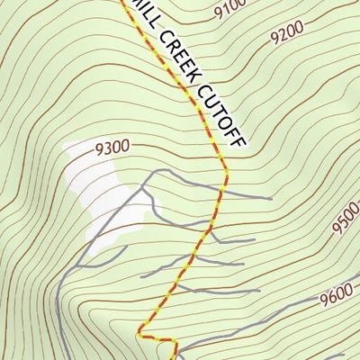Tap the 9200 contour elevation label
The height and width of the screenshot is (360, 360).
(289, 34)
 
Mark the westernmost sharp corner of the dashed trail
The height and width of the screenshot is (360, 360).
(139, 335)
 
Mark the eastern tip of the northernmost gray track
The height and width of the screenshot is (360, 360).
(271, 198)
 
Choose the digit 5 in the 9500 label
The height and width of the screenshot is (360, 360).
(342, 229)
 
